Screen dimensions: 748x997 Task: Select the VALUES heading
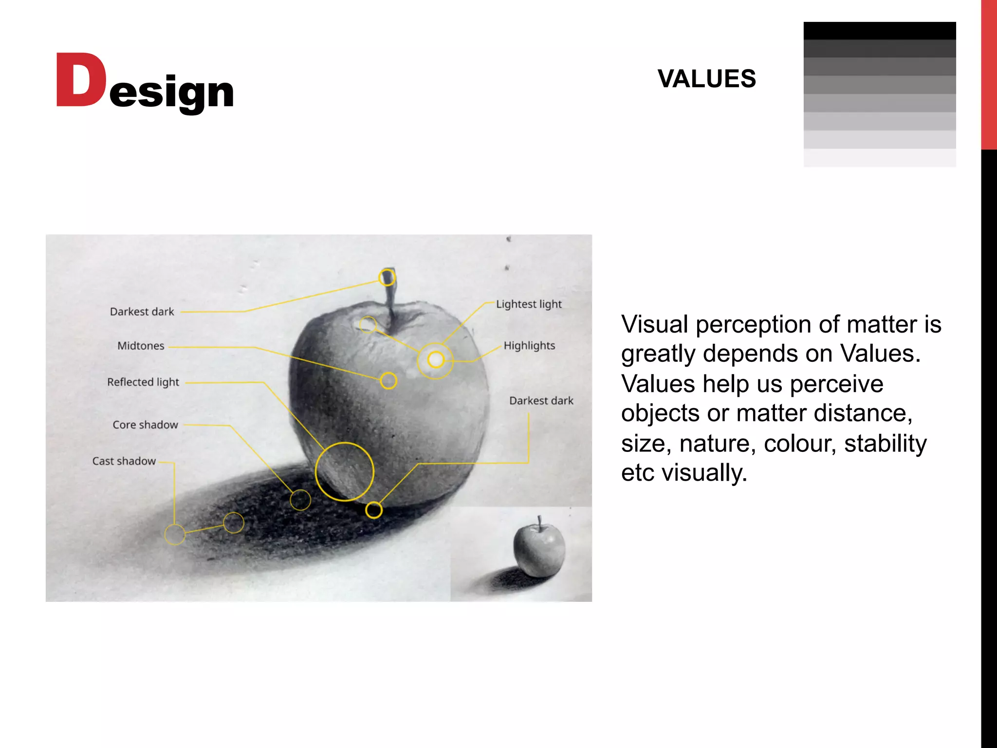point(706,79)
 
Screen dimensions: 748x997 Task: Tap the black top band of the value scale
point(879,31)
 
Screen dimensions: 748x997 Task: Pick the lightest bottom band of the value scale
point(879,158)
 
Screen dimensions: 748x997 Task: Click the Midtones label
point(141,346)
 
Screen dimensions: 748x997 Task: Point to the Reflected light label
point(143,382)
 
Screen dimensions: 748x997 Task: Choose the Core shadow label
point(145,425)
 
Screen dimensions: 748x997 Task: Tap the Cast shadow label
point(124,461)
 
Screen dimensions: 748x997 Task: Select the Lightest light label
point(529,304)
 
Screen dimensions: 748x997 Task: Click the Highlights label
point(529,346)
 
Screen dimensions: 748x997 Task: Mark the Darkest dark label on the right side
point(541,401)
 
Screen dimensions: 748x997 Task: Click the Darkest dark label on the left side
point(142,312)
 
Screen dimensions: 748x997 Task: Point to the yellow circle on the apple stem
point(387,278)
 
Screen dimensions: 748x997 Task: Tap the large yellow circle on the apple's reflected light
point(344,471)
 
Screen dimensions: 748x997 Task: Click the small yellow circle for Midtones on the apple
point(388,381)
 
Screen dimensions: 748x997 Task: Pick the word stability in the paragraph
point(885,444)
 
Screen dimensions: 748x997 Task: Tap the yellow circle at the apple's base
point(374,510)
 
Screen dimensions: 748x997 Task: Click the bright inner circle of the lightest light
point(436,360)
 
